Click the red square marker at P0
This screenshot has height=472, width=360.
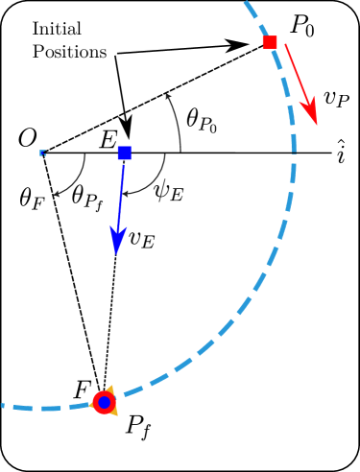click(270, 41)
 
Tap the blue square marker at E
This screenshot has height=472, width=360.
click(124, 153)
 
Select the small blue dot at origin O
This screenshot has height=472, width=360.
click(42, 153)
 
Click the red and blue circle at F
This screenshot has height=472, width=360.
click(104, 403)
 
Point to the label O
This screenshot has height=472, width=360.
click(27, 140)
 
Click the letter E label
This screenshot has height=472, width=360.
click(108, 140)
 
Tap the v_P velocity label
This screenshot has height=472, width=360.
click(335, 97)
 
